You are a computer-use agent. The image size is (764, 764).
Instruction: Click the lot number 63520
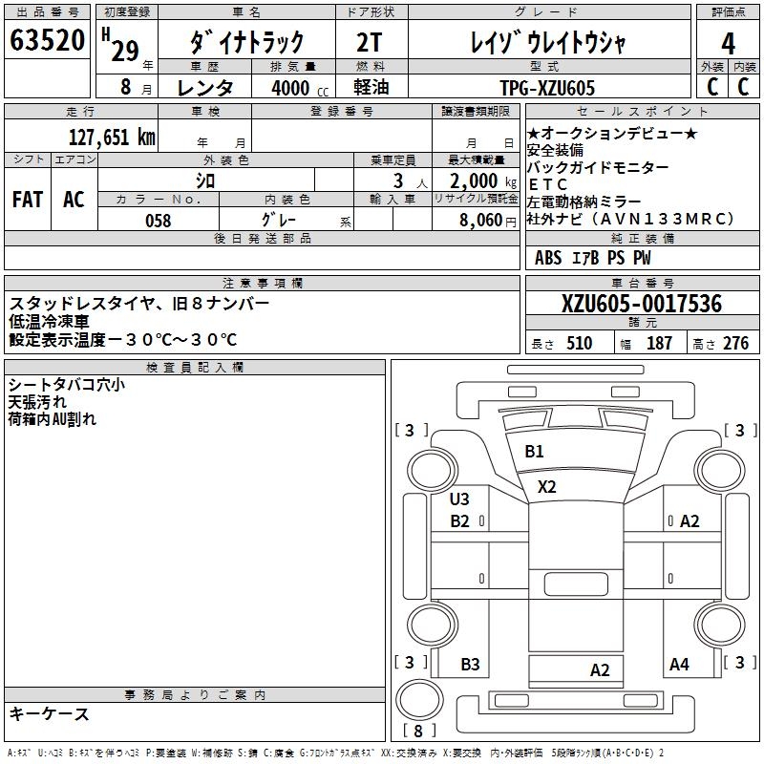tap(48, 42)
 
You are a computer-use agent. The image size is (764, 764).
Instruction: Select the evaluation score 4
tap(728, 43)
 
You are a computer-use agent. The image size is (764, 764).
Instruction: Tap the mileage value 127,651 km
tap(112, 138)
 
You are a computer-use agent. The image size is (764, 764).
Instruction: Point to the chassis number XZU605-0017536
tap(642, 305)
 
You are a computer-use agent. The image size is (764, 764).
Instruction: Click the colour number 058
tap(158, 221)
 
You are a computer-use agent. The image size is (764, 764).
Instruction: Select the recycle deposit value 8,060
tap(475, 221)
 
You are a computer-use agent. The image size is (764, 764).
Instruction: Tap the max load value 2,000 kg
tap(476, 180)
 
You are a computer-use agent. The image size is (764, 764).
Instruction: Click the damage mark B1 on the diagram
tap(534, 452)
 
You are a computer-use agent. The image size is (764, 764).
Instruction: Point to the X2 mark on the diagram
tap(546, 486)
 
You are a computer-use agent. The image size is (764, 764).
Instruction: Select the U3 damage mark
tap(459, 499)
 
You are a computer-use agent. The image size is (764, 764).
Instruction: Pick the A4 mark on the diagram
tap(679, 664)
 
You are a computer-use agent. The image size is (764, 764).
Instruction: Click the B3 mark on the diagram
tap(470, 664)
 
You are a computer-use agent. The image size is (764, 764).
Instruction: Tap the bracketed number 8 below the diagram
tap(417, 732)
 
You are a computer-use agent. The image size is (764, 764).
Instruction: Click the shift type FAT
tap(27, 200)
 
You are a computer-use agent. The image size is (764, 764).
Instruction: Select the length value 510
tap(579, 344)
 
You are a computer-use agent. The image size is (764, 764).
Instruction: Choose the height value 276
tap(735, 344)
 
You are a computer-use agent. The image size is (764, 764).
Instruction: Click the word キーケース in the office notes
tap(49, 713)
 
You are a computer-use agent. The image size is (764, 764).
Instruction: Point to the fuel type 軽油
tap(370, 88)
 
